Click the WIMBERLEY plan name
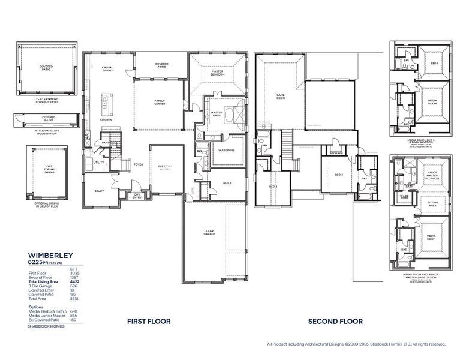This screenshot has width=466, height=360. [x=50, y=255]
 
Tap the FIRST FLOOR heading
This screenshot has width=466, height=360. [x=149, y=322]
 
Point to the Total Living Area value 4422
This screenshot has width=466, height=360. [x=74, y=281]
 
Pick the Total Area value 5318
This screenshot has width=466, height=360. [x=74, y=298]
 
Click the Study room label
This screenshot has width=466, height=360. [x=100, y=191]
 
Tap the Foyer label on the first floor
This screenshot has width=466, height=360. [x=138, y=164]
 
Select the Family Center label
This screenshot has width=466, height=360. [x=160, y=103]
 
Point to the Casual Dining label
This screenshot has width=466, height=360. [x=107, y=69]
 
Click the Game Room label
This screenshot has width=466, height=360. [x=279, y=95]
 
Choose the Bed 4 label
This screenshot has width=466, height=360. [x=273, y=187]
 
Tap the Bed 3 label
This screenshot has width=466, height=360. [x=339, y=175]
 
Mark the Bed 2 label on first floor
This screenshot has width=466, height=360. [x=227, y=182]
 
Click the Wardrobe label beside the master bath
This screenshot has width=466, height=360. [x=226, y=150]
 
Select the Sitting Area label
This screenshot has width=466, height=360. [x=432, y=204]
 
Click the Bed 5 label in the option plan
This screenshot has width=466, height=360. [x=434, y=63]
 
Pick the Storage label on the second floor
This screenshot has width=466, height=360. [x=336, y=153]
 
